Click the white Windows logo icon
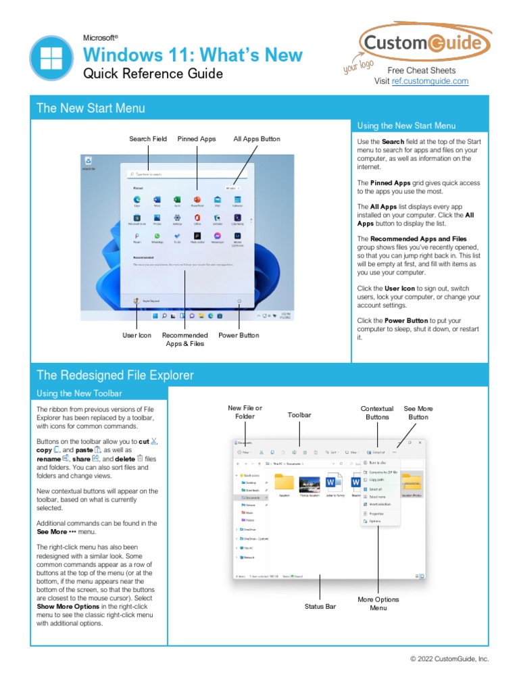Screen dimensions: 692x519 coord(51,58)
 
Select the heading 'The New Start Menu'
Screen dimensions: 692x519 coord(91,108)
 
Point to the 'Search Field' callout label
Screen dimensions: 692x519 coord(148,139)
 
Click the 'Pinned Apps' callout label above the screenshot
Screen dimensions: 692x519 coord(197,139)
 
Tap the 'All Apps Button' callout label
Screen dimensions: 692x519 coord(257,139)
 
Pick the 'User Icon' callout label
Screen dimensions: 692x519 coord(137,335)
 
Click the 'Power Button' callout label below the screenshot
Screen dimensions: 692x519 coord(239,335)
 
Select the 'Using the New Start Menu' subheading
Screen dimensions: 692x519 coord(406,126)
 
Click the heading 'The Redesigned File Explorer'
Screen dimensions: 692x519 coord(115,375)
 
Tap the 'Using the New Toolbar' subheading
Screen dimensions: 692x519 coord(80,393)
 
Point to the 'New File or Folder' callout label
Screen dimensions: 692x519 coord(245,412)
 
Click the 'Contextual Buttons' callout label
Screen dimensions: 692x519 coord(377,412)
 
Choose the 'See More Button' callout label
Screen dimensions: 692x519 coord(418,412)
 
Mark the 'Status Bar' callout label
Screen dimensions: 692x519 coord(320,607)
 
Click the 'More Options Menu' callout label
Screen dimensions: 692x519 coord(378,603)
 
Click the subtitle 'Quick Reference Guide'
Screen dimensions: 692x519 coord(153,74)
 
